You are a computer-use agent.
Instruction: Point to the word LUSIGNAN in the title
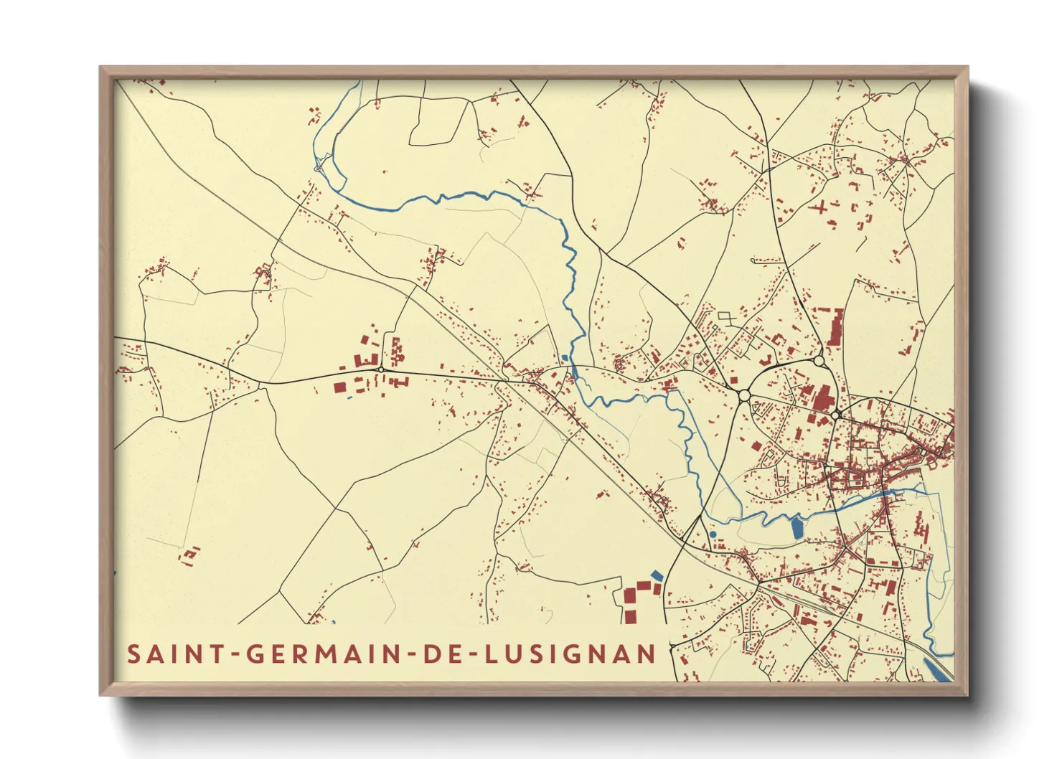[570, 654]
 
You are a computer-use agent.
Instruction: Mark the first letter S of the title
[133, 654]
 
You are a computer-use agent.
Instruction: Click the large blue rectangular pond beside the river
[796, 528]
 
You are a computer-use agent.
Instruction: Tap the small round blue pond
[712, 534]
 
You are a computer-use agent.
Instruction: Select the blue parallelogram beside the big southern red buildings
[657, 575]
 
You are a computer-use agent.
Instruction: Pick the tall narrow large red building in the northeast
[836, 327]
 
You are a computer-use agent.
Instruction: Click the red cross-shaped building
[819, 209]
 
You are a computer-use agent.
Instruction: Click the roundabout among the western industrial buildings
[380, 369]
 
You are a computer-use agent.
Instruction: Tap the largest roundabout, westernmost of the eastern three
[744, 395]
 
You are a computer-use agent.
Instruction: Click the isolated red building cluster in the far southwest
[189, 555]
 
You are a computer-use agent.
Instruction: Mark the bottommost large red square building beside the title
[629, 616]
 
